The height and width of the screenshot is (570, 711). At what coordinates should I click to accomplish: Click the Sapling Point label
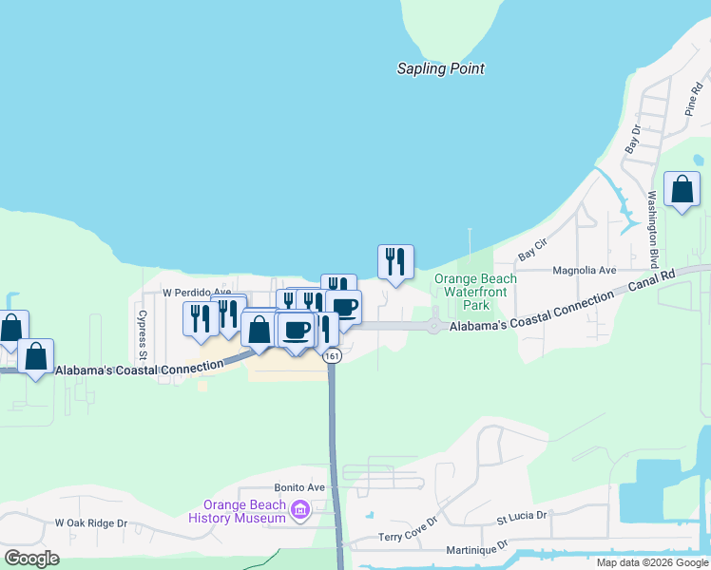[440, 68]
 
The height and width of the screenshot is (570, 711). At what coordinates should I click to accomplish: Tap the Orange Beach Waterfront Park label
[475, 292]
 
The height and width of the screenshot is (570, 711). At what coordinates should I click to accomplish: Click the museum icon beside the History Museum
[300, 512]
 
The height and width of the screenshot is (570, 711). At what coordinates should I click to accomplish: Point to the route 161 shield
[331, 355]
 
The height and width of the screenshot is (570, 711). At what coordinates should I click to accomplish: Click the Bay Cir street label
[533, 250]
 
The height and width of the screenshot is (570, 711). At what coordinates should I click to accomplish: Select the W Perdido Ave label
[197, 292]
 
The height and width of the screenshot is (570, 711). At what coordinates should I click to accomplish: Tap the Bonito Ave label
[299, 487]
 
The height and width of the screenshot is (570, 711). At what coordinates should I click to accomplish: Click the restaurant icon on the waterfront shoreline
[395, 262]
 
